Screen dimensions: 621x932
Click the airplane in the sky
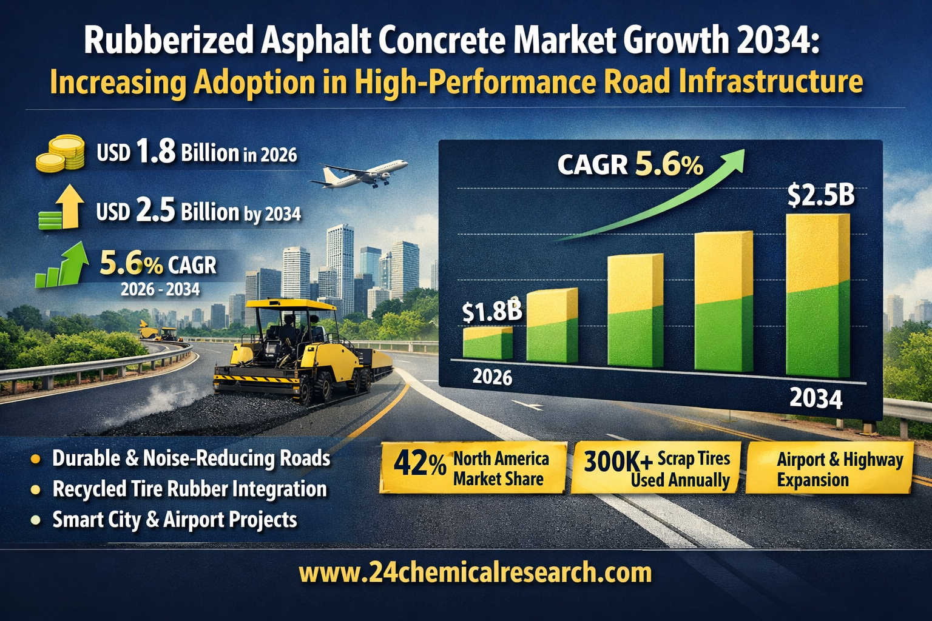(x=362, y=173)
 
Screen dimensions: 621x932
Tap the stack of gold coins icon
(x=60, y=153)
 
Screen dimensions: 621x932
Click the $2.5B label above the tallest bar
(x=820, y=195)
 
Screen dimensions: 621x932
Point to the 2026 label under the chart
(x=492, y=377)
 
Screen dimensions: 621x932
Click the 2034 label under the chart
(x=815, y=398)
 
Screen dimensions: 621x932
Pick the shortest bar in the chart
(x=487, y=343)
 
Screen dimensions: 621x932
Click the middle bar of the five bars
(x=635, y=310)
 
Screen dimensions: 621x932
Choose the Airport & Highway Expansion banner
(x=829, y=469)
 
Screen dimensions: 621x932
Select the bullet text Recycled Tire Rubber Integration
(x=189, y=489)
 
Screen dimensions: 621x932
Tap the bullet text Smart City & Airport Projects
(x=175, y=520)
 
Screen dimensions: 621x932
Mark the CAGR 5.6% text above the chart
(x=630, y=164)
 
